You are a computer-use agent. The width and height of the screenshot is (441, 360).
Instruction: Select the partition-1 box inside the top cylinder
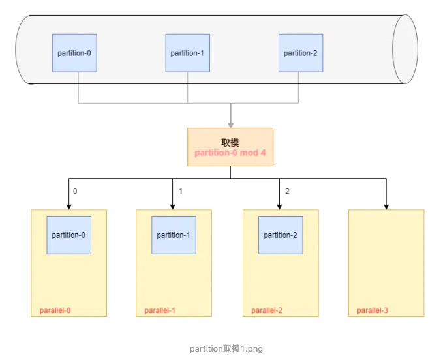click(x=187, y=53)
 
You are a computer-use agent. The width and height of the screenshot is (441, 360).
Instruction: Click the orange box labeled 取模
click(x=230, y=146)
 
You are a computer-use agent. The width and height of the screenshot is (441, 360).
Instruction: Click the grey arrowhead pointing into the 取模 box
click(x=230, y=124)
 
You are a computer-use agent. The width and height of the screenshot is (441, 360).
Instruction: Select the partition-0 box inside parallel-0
click(x=68, y=235)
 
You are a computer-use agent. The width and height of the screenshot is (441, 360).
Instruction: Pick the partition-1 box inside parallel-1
click(x=174, y=235)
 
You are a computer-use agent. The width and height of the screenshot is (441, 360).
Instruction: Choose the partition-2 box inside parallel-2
click(x=280, y=235)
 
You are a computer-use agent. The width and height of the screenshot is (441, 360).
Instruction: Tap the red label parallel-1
click(x=160, y=310)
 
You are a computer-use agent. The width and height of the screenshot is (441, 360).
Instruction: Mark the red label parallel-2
click(x=267, y=310)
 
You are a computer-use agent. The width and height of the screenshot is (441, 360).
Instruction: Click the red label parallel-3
click(x=373, y=310)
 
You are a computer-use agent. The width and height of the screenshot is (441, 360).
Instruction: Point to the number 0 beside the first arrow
click(x=75, y=192)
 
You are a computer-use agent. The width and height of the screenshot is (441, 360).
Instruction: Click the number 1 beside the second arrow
click(x=180, y=192)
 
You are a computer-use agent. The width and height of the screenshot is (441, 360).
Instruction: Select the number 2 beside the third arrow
click(x=287, y=192)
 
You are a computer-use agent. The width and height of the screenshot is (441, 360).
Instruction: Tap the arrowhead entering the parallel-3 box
click(x=386, y=205)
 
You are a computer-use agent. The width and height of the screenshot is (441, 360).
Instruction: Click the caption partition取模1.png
click(x=226, y=349)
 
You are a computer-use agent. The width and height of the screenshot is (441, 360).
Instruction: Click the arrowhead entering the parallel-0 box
click(x=68, y=205)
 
